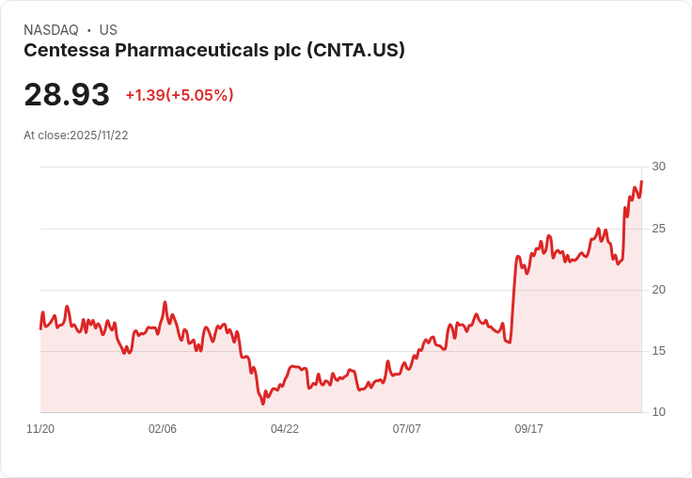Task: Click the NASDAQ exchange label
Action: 51,30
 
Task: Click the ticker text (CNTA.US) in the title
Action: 355,51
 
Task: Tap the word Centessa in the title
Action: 63,51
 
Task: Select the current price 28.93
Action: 67,95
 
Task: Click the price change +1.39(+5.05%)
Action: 180,95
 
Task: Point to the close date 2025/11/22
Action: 99,135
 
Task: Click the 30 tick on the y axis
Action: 658,167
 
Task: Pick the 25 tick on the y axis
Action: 658,229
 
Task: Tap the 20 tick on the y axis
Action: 658,290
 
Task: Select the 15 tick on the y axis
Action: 658,351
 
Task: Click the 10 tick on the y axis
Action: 658,412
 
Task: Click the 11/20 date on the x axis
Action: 40,429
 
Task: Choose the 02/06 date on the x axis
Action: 163,429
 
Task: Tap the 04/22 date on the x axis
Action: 285,429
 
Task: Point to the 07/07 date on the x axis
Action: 407,429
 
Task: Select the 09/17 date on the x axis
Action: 529,429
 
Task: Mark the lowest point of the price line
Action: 263,404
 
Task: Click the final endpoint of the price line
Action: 641,182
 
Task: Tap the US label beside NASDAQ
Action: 108,30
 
